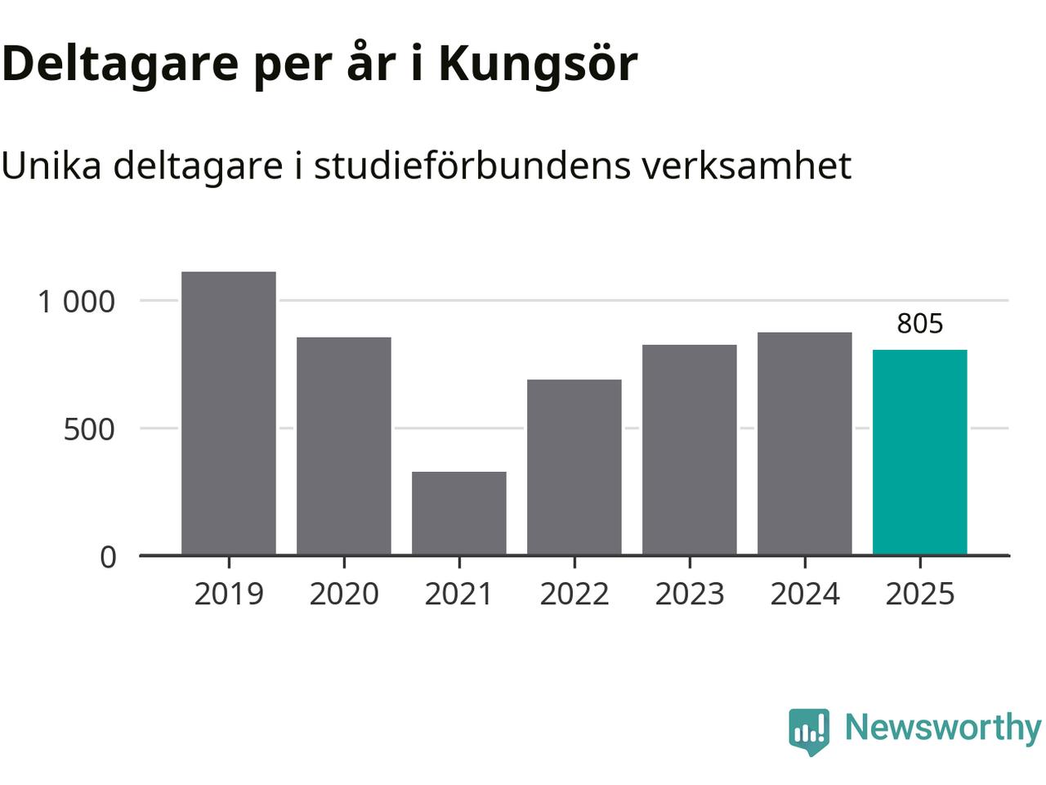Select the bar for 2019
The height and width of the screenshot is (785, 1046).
point(229,413)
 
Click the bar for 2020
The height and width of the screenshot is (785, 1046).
point(344,446)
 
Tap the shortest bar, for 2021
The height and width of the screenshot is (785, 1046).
point(459,514)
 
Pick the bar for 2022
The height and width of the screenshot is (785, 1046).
point(574,467)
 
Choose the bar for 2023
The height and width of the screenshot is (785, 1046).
point(690,450)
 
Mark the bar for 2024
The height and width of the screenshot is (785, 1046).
point(805,443)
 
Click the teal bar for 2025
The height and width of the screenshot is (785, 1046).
point(920,452)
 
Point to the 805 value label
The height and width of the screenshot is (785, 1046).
point(920,324)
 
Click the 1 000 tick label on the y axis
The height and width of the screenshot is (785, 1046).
point(77,302)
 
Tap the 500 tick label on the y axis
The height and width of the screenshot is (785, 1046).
point(90,429)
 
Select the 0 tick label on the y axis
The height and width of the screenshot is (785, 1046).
point(108,558)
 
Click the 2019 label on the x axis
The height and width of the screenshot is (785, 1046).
point(229,594)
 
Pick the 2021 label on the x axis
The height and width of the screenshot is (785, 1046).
point(459,594)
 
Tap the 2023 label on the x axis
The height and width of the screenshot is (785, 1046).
point(690,594)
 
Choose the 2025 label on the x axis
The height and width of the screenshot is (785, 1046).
point(920,594)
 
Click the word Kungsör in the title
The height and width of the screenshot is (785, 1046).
point(538,64)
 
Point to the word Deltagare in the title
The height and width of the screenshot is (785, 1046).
point(119,64)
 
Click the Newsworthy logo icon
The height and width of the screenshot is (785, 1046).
point(809,729)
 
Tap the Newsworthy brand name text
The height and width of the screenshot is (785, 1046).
point(942,727)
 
